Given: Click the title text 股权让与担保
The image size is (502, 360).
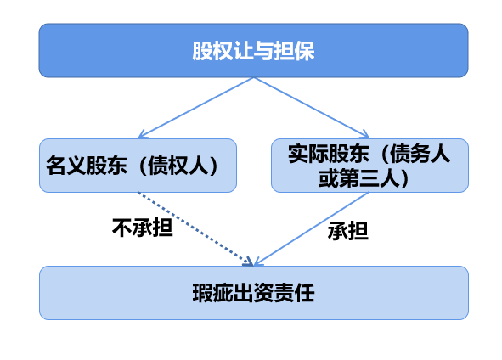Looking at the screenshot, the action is (253, 51).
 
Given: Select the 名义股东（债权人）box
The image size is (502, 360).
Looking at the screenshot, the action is (138, 166).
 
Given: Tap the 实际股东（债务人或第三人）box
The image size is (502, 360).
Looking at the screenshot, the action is (369, 166).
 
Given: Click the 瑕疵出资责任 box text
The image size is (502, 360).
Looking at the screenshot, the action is (253, 293).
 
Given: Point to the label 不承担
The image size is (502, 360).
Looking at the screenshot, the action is (143, 228).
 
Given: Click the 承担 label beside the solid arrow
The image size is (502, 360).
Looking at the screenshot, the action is (348, 231).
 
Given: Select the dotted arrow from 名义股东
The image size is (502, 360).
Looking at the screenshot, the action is (195, 229).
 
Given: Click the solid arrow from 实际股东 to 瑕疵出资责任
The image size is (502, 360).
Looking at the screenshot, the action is (311, 229).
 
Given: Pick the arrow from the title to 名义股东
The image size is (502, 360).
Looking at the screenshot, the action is (196, 108).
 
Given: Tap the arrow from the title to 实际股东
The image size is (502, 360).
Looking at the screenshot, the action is (312, 108).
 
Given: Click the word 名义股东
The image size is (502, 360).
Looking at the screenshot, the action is (87, 166).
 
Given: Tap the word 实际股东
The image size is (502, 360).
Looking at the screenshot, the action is (329, 154).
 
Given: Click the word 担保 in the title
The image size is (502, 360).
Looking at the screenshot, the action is (294, 51).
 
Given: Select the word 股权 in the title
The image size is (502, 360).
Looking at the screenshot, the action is (212, 51).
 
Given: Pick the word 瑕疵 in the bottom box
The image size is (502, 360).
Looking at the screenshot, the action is (212, 293).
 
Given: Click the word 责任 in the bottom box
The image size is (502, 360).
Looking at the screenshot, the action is (294, 293).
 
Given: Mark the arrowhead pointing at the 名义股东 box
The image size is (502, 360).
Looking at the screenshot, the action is (142, 135).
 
